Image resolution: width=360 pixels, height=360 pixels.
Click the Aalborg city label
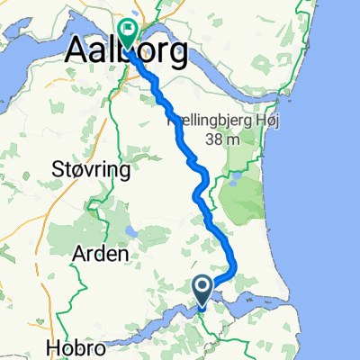tap(126, 51)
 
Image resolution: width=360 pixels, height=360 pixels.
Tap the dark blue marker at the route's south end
tap(202, 290)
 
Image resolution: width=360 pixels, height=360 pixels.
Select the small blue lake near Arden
tap(132, 232)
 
